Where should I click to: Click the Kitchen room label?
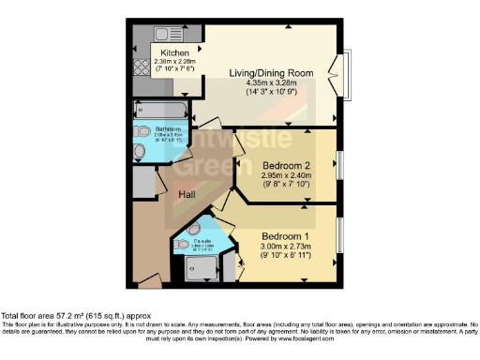tap(174, 53)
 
